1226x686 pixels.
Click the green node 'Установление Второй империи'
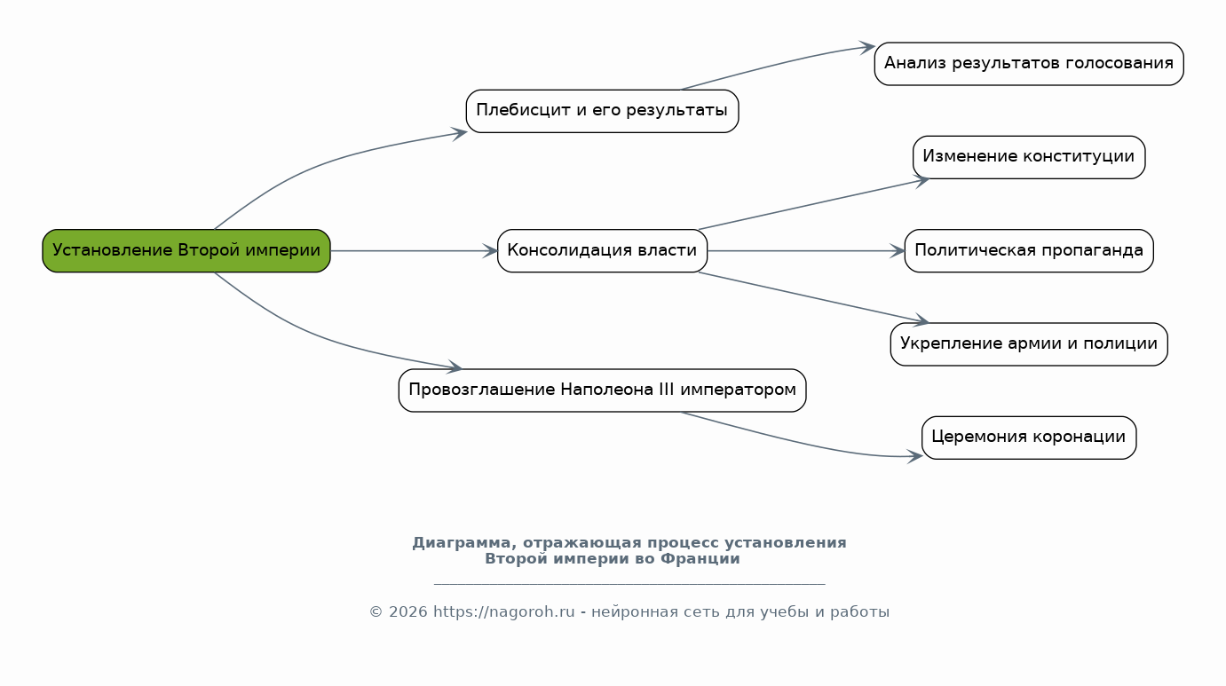186,250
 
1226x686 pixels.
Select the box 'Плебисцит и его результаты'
602,111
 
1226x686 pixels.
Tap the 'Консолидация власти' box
602,250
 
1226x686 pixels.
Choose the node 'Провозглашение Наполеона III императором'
602,390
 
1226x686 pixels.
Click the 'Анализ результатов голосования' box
1029,64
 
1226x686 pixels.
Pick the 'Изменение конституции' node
1029,158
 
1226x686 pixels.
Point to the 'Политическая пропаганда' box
1029,250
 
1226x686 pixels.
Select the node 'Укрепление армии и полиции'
1029,344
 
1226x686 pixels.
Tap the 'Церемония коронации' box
1029,438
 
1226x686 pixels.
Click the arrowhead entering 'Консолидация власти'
491,251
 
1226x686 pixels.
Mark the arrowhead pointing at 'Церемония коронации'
915,455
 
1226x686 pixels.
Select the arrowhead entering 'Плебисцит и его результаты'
460,133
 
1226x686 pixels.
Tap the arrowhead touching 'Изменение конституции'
922,180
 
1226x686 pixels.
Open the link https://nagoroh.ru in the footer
504,611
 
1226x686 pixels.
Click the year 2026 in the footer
407,611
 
